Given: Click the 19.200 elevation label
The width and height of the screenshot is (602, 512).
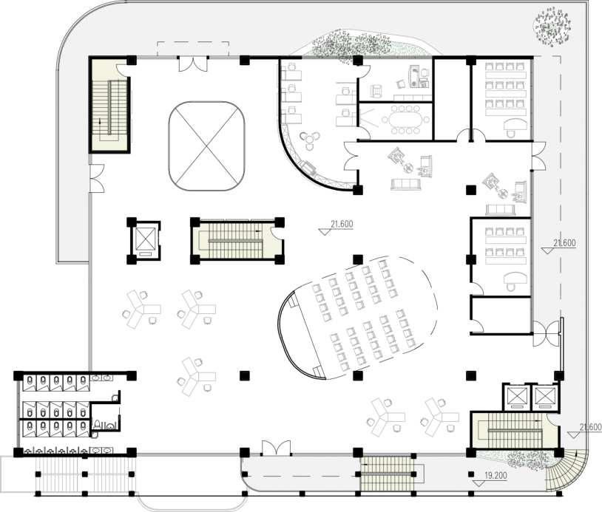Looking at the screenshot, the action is (496, 476).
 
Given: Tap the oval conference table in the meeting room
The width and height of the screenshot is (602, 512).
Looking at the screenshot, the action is (405, 120).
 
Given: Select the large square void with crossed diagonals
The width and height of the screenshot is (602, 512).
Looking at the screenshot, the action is (206, 146).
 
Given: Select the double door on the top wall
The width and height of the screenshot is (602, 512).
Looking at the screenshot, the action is (193, 64).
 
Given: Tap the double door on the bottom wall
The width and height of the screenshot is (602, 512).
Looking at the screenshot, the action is (276, 448).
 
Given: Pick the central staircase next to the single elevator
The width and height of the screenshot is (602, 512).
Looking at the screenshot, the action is (235, 241).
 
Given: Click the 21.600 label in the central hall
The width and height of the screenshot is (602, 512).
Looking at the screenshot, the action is (342, 224).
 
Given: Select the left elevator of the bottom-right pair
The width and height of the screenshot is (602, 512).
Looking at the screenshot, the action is (516, 397).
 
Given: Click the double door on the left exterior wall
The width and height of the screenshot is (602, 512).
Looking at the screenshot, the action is (97, 178).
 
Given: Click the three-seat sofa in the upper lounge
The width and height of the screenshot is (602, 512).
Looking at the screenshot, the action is (406, 185).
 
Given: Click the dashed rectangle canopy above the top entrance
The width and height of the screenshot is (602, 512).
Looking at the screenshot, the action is (193, 49).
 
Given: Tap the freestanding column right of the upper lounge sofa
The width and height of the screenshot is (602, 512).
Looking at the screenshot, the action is (471, 190).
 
